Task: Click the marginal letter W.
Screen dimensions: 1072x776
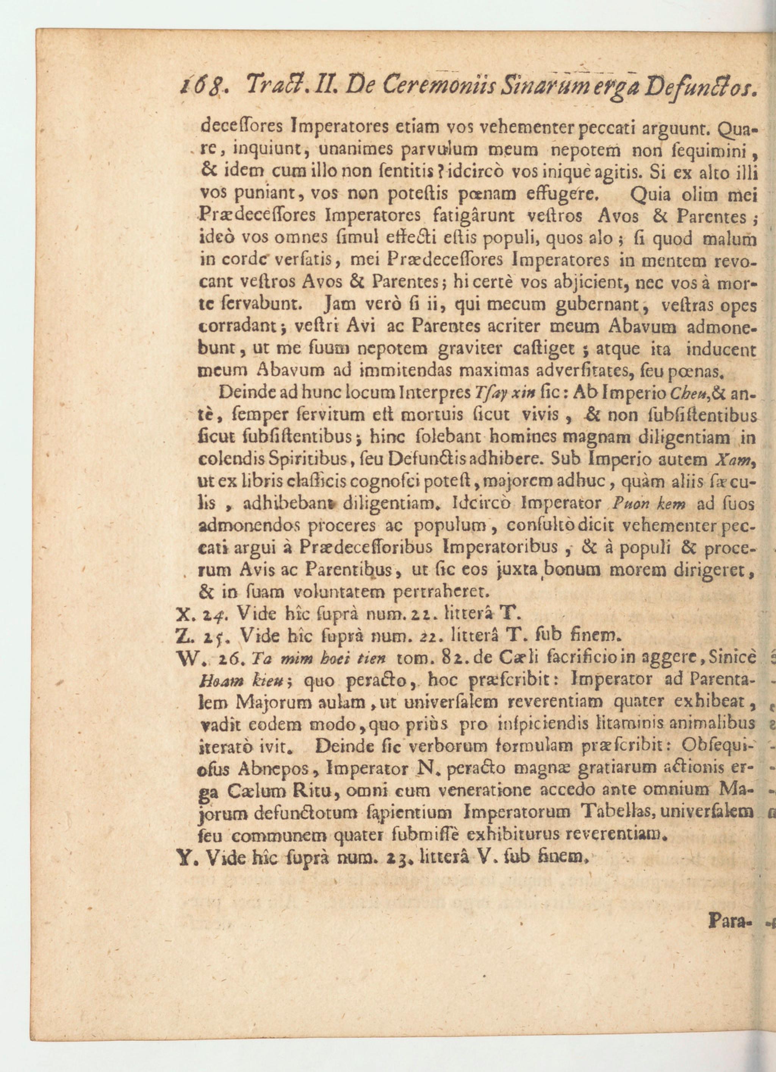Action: click(x=185, y=658)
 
